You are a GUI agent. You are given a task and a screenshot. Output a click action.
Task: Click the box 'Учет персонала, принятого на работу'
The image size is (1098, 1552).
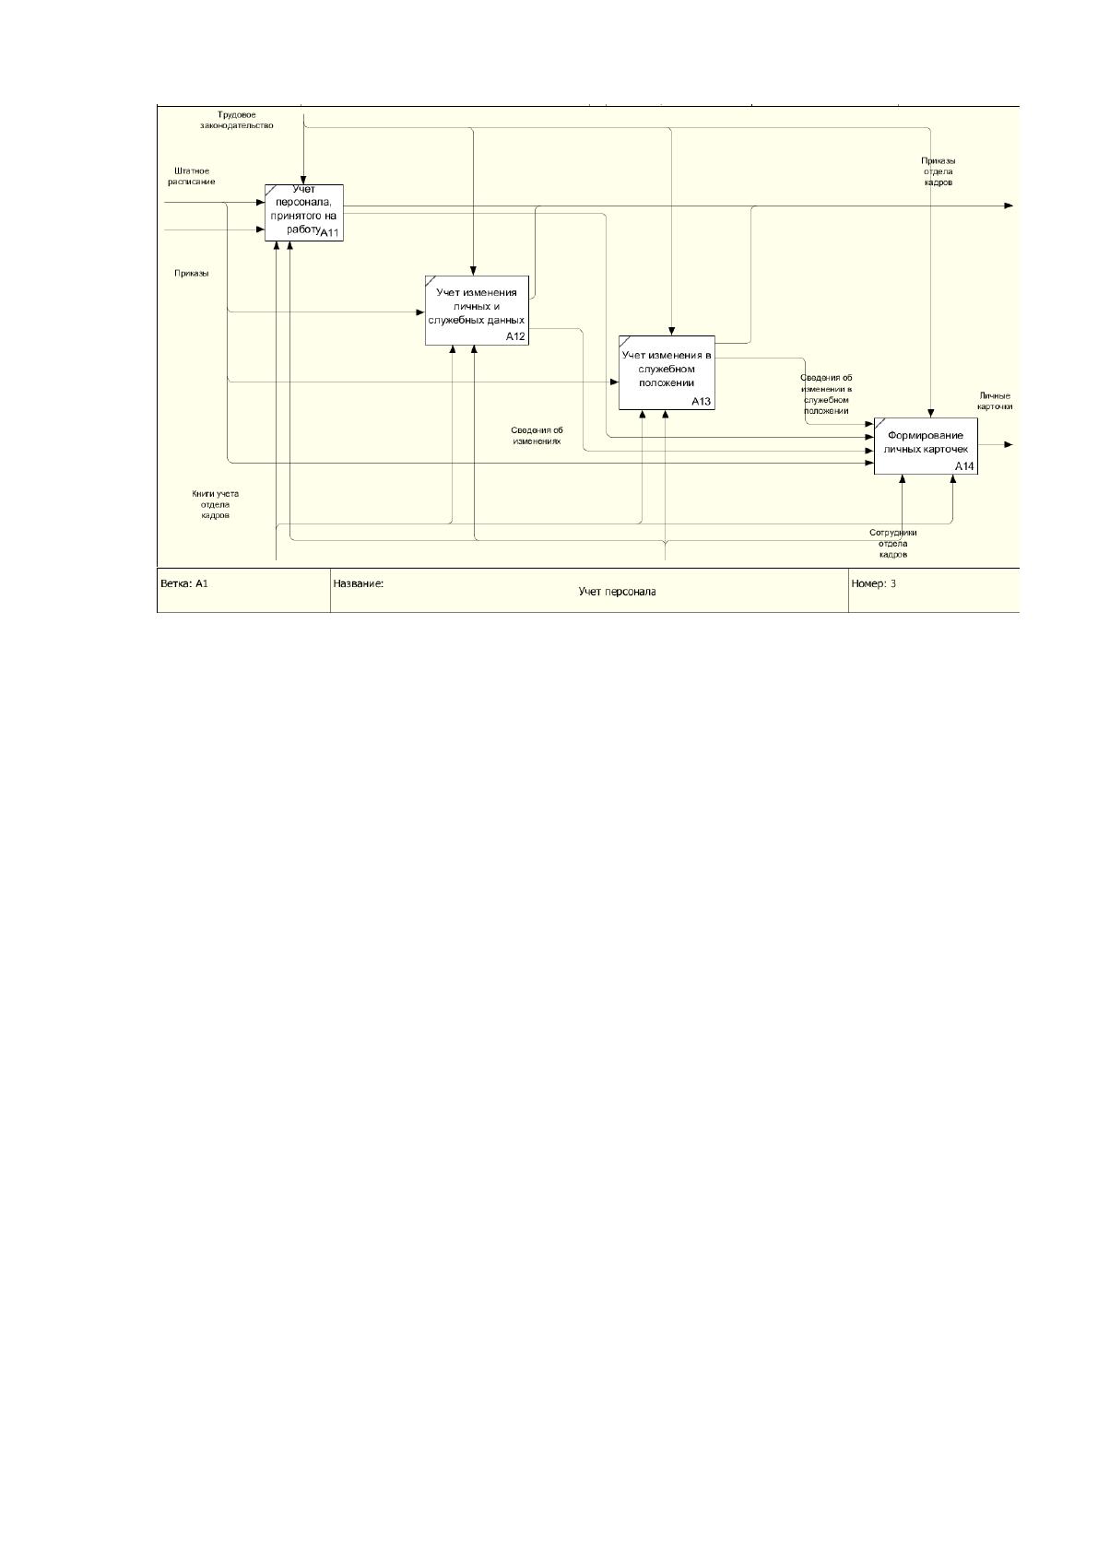tap(303, 213)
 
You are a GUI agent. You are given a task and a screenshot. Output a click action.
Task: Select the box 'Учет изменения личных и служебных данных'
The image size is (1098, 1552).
tap(477, 311)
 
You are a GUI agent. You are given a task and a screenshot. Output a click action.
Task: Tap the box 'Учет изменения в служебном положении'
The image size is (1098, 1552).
tap(667, 372)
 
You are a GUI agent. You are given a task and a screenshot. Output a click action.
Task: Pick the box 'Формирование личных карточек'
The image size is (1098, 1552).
tap(926, 446)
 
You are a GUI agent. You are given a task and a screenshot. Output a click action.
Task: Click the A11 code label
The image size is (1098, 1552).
tap(329, 233)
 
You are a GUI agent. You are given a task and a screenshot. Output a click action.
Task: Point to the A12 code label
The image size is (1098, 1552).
tap(515, 336)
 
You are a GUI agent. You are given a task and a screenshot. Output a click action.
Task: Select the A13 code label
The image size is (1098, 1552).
tap(701, 402)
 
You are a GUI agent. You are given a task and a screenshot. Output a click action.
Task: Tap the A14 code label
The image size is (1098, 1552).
tap(964, 466)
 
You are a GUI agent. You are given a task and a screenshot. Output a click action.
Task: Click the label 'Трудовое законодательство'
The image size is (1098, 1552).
tap(236, 120)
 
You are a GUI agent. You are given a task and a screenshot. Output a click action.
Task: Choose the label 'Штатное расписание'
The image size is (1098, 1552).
tap(192, 176)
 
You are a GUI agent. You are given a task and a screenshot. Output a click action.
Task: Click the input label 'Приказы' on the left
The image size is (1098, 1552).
tap(192, 273)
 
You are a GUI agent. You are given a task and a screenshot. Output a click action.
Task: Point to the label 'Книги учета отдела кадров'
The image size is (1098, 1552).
tap(215, 504)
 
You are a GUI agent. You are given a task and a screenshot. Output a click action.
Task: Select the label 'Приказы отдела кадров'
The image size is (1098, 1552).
tap(938, 171)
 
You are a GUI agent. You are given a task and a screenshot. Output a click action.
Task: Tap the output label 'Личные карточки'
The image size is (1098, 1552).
tap(995, 401)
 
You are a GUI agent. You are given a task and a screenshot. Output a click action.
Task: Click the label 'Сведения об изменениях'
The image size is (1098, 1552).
tap(537, 436)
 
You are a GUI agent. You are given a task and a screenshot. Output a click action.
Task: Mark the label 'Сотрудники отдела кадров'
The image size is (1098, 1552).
tap(892, 543)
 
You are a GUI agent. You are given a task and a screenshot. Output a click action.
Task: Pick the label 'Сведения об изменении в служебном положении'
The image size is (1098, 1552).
tap(826, 394)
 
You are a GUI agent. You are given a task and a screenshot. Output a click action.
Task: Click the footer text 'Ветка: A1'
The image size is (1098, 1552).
tap(184, 583)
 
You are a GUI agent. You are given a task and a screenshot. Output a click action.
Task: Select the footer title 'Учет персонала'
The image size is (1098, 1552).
tap(617, 592)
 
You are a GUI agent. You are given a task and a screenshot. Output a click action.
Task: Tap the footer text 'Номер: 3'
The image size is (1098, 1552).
tap(873, 583)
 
